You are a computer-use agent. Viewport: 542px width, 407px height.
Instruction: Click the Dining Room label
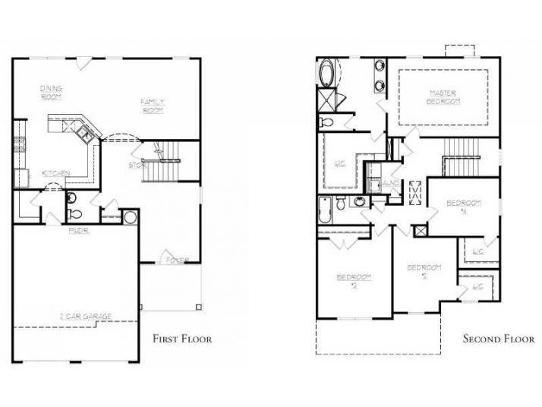click(x=52, y=93)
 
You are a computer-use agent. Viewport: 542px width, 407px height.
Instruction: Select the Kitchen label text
click(x=57, y=173)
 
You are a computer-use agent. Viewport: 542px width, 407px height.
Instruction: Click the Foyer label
click(x=178, y=260)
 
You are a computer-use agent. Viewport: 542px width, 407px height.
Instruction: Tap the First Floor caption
click(x=182, y=339)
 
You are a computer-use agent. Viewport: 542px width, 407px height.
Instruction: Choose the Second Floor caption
click(x=499, y=339)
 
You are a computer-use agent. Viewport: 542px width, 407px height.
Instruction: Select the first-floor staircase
click(x=162, y=162)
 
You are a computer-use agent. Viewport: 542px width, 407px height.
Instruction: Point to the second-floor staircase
click(x=458, y=156)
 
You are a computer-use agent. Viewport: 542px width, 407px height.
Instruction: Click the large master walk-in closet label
click(x=339, y=162)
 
